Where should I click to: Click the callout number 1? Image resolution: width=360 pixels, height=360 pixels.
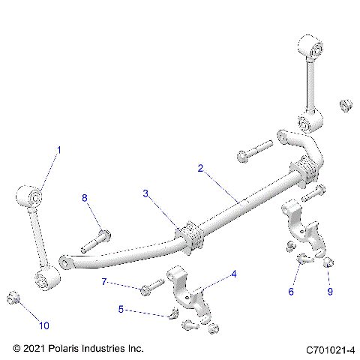coord(59,150)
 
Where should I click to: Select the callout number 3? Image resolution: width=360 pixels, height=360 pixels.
coord(146,193)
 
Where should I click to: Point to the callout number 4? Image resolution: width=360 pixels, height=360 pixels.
coord(233,274)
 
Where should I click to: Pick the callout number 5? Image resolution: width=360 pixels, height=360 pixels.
coord(121,308)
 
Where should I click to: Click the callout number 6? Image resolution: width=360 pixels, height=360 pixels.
coord(292,292)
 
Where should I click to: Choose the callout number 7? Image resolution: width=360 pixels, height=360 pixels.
coord(105,282)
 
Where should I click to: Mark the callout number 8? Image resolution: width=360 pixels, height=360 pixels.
coord(85,198)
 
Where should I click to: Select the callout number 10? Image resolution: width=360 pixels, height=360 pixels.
coord(44,325)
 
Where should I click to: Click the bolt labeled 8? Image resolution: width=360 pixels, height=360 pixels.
coord(95,239)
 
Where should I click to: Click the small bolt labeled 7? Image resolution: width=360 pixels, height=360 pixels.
coord(151,286)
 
